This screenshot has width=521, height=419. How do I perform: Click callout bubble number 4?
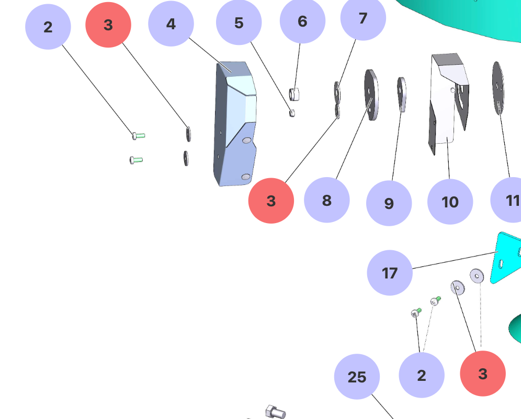point(171,24)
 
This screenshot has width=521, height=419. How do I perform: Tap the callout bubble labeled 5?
point(239,22)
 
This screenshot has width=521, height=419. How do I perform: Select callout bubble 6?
point(302,21)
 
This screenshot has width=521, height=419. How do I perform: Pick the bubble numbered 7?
point(363,18)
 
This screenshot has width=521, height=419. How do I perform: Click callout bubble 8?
point(326,200)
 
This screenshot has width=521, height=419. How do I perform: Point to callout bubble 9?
point(389,203)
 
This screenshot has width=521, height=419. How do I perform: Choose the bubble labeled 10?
point(450,202)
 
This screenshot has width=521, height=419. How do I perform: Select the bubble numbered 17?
point(390,273)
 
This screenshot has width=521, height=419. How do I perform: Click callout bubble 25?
point(357,377)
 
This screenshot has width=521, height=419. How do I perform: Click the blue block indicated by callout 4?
point(235,125)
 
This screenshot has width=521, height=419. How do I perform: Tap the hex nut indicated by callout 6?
point(294,94)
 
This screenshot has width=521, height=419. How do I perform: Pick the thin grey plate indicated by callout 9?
point(401,94)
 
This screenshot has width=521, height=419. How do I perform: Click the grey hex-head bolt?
point(276,412)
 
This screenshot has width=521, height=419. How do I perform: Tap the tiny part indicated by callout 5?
point(292,112)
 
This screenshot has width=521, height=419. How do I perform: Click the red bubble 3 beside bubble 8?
point(271,201)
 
